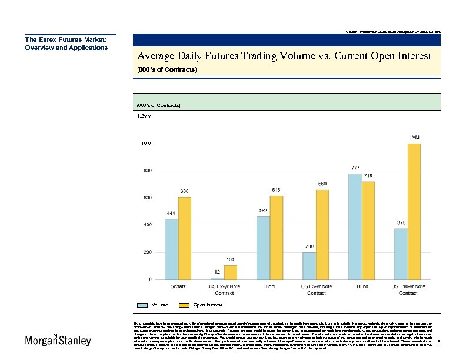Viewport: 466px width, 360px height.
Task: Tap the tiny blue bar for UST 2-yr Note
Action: coord(217,278)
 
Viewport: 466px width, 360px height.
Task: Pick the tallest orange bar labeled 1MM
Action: coord(414,211)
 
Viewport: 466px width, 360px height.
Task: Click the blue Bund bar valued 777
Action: coord(355,226)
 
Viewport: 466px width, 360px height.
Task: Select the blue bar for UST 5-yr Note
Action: coord(309,265)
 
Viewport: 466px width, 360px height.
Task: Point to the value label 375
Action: coord(401,222)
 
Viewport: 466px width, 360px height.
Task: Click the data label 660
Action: coord(322,184)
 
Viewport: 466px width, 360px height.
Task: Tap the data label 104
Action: coord(231,259)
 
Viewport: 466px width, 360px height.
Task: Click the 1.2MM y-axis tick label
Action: coord(144,116)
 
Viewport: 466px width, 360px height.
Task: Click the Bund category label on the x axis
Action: coord(362,286)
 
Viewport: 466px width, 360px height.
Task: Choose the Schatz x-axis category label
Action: coord(178,286)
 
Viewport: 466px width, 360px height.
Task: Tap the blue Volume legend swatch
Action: coord(143,305)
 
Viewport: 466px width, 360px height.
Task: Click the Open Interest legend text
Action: coord(208,305)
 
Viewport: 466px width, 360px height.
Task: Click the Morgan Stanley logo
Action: coord(58,341)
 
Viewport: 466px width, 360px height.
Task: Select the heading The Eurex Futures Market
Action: coord(65,39)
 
